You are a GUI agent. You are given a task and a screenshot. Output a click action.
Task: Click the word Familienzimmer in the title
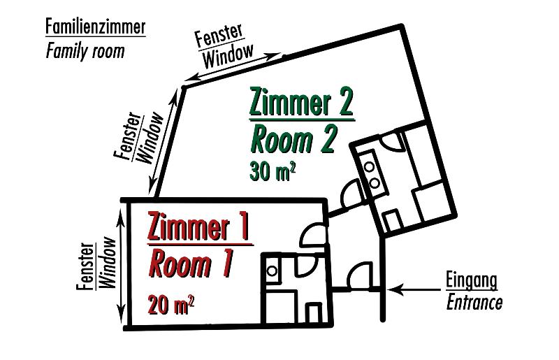tap(96, 27)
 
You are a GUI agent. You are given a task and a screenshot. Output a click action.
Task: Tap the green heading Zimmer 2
tap(301, 103)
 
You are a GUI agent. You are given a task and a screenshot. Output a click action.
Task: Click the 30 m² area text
tap(272, 171)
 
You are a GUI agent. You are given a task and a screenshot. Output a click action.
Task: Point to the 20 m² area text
tap(170, 305)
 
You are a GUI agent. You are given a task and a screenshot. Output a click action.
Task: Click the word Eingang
tap(472, 280)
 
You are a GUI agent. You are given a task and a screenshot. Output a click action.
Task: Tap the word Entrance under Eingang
tap(474, 302)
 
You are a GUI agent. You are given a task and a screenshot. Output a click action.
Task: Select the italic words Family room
tap(85, 51)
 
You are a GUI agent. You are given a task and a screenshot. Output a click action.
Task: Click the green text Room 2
tap(293, 141)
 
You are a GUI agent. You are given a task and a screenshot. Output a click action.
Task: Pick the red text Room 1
tap(190, 265)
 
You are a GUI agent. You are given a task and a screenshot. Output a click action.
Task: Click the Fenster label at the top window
tap(218, 36)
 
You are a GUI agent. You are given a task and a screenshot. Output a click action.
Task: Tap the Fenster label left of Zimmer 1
tap(87, 266)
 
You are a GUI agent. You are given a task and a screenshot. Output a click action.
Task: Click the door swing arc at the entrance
tap(361, 275)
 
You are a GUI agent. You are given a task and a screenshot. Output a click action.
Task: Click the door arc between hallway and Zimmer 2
tap(348, 196)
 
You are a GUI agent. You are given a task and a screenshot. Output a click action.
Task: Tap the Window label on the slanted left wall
tap(152, 138)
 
